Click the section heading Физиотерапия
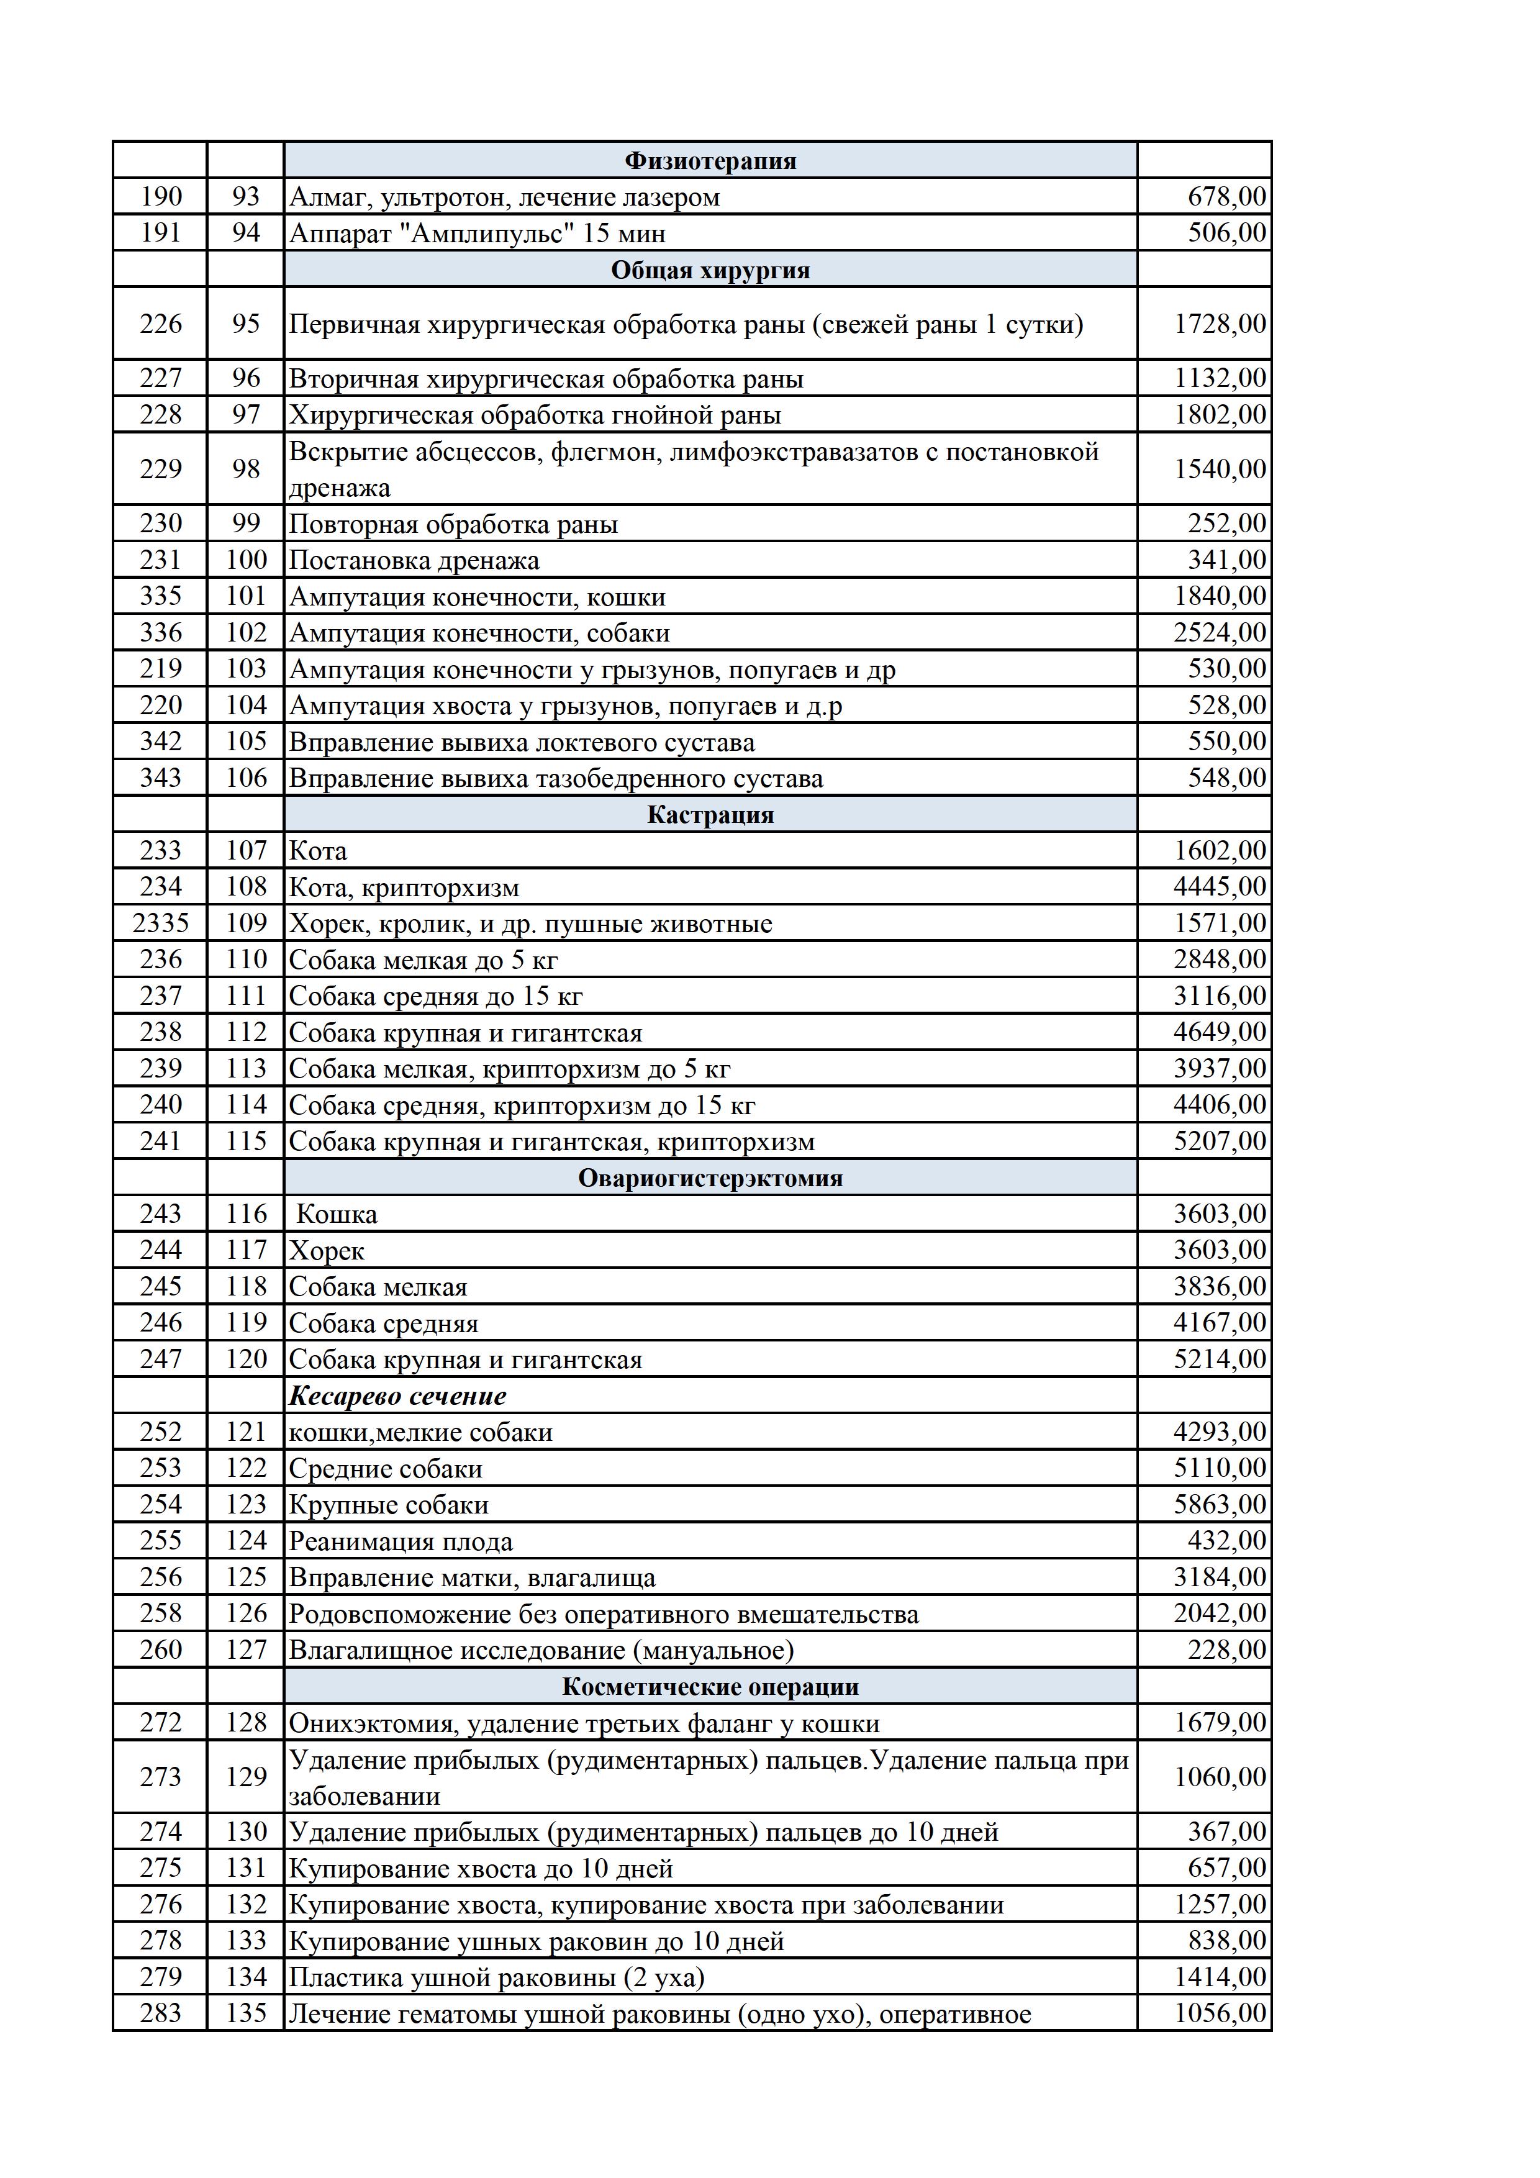[x=710, y=160]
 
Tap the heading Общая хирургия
[x=710, y=270]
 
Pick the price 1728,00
[x=1220, y=324]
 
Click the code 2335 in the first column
[x=160, y=923]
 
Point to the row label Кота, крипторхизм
[x=404, y=888]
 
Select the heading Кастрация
[x=710, y=815]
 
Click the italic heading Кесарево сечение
[x=397, y=1395]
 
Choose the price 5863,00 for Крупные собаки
[x=1220, y=1505]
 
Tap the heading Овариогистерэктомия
[x=710, y=1178]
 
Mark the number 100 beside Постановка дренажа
[x=247, y=560]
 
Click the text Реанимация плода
[x=400, y=1541]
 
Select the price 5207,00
[x=1220, y=1141]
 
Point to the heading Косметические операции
[x=710, y=1687]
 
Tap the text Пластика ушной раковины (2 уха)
[x=496, y=1978]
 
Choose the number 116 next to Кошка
[x=247, y=1214]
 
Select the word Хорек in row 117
[x=326, y=1251]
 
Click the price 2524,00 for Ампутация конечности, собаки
[x=1220, y=633]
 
